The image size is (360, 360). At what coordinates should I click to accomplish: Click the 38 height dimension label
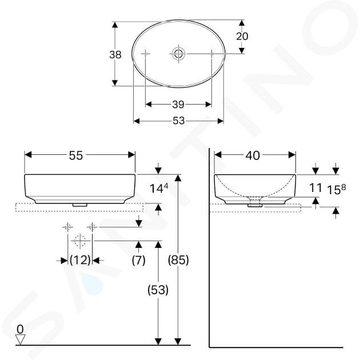tap(115, 55)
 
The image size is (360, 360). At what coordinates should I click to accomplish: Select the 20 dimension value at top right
tap(242, 36)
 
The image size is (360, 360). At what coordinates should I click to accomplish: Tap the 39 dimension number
tap(178, 105)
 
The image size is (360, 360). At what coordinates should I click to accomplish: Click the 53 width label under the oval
tap(178, 121)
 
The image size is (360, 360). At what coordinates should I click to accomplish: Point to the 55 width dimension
tap(76, 155)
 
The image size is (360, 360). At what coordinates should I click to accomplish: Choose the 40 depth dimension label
tap(253, 155)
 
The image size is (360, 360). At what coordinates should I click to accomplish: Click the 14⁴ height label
tap(159, 188)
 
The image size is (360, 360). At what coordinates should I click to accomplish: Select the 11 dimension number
tap(315, 188)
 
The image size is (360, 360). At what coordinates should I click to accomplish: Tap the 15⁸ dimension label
tap(337, 189)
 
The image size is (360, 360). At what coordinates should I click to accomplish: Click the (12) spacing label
tap(80, 260)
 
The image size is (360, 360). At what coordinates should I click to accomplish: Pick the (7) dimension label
tap(138, 260)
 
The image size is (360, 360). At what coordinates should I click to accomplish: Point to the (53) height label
tap(158, 290)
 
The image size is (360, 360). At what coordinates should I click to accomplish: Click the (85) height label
tap(178, 260)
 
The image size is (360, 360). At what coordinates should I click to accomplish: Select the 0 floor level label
tap(20, 330)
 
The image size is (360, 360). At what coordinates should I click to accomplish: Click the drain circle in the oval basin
tap(178, 54)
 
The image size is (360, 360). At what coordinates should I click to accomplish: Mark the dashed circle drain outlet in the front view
tap(80, 241)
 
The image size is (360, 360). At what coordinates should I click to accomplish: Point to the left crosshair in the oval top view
tap(145, 54)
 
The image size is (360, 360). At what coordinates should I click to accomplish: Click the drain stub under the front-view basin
tap(79, 205)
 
